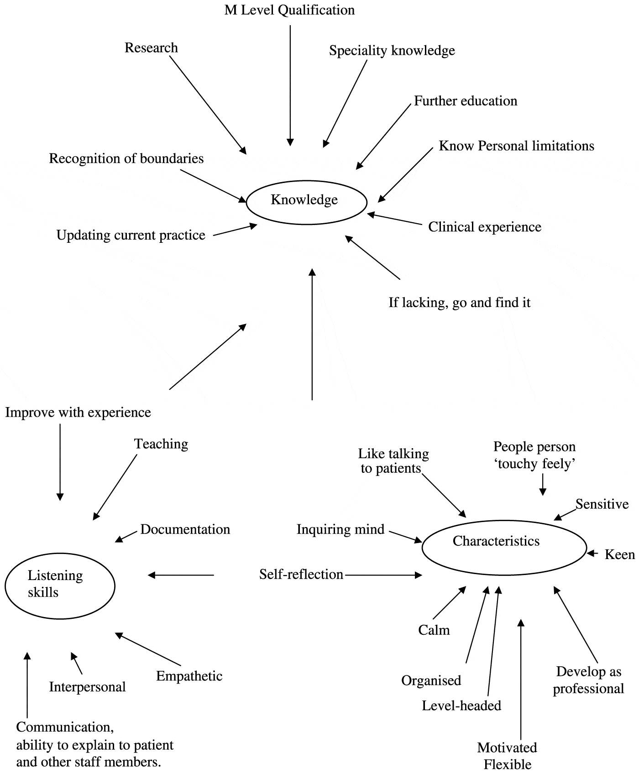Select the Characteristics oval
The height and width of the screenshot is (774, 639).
(x=504, y=547)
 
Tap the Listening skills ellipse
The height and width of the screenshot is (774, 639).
(x=60, y=586)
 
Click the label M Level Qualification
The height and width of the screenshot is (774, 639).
(x=289, y=10)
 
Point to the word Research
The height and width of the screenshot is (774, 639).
(x=151, y=48)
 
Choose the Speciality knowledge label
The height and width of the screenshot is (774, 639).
(x=392, y=50)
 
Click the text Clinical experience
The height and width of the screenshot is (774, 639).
(x=484, y=227)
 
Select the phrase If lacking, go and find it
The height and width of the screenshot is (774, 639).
(x=459, y=303)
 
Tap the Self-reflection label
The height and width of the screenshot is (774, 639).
(x=301, y=574)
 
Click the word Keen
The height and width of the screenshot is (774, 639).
(x=619, y=554)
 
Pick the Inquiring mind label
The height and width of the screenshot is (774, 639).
(x=340, y=529)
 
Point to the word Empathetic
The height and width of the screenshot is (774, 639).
(x=189, y=676)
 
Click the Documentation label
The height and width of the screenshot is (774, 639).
(x=185, y=529)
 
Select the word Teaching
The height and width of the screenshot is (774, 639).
(x=161, y=444)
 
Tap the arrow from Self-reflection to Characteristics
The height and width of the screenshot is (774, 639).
(x=383, y=575)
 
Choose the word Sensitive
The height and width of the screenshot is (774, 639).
(x=602, y=504)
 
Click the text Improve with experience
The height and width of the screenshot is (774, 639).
(x=78, y=413)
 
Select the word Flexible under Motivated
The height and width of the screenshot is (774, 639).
(x=507, y=764)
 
